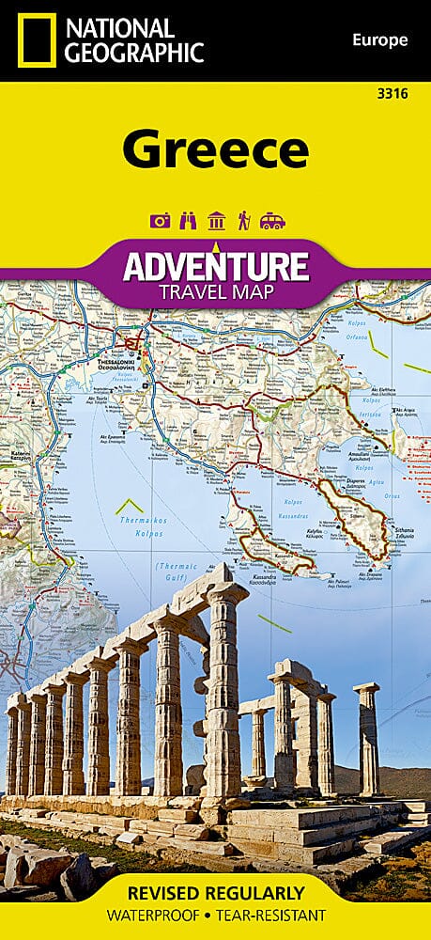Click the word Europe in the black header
point(380,39)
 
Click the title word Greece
point(215,148)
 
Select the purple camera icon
point(159,221)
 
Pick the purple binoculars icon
point(187,221)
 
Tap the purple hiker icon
point(243,221)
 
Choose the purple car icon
point(272,221)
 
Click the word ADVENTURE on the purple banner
point(215,267)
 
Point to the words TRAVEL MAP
point(215,292)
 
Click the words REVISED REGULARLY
point(215,892)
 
